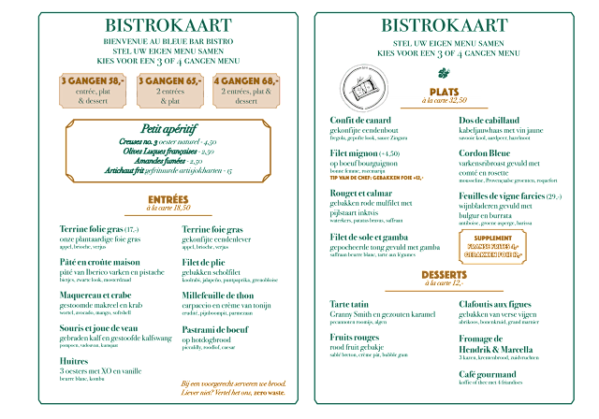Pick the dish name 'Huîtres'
[73, 359]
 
